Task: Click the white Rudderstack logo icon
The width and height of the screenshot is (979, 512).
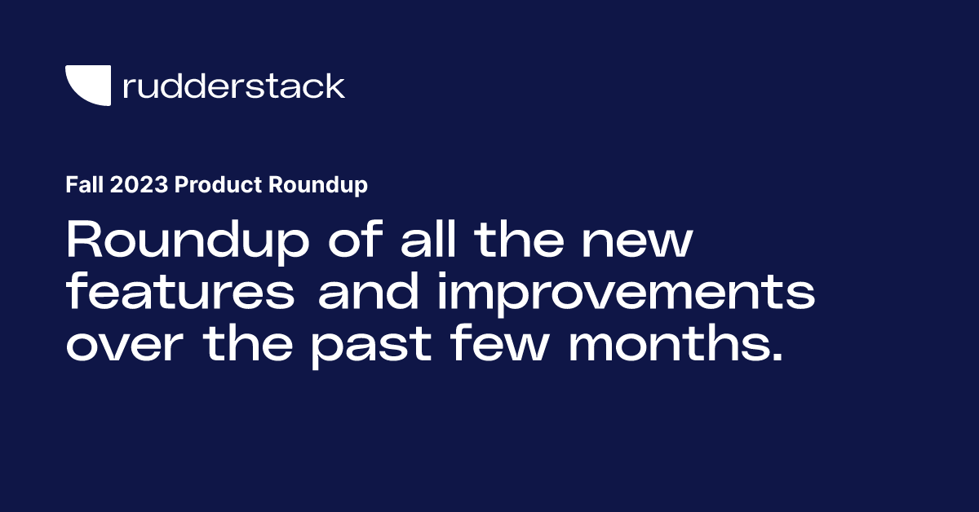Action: tap(87, 86)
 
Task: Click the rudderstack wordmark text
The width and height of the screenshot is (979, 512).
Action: tap(233, 86)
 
